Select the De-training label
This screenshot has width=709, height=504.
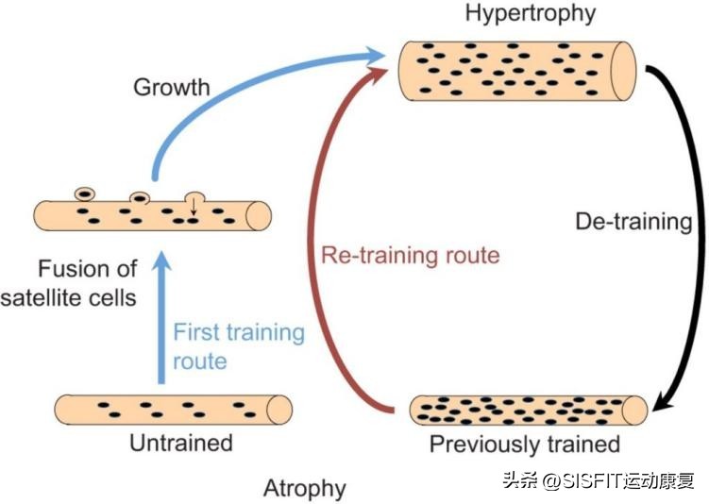(633, 223)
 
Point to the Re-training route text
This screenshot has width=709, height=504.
(409, 255)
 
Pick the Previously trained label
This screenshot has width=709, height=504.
(524, 444)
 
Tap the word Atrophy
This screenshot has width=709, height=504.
(305, 488)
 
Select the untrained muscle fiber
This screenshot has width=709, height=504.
(170, 409)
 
